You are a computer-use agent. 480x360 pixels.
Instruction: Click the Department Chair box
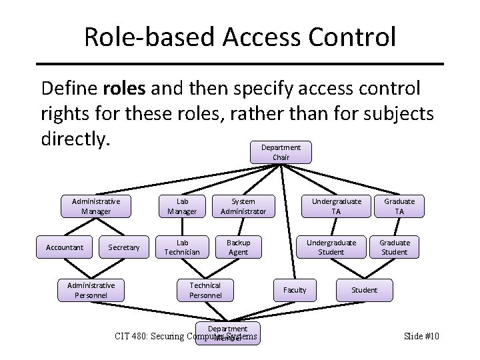280,152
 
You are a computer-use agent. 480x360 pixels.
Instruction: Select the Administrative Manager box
96,206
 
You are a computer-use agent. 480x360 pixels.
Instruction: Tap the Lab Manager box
182,206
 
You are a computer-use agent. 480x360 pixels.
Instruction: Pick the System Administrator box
243,206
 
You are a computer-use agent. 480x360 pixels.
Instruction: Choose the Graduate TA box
399,206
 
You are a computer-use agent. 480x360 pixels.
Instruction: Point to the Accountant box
65,247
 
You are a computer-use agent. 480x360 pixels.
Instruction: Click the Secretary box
124,247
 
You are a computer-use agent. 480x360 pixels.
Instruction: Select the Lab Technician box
182,247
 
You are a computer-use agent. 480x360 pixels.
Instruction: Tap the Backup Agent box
238,247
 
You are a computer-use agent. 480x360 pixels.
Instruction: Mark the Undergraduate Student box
331,247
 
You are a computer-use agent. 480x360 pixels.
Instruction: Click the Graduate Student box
395,247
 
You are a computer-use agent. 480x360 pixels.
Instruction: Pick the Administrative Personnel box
91,289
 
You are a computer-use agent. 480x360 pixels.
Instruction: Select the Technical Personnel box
205,289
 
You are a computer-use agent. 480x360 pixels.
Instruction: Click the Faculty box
295,290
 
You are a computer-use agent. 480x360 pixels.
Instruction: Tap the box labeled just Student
364,290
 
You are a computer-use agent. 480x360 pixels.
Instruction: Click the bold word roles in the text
123,88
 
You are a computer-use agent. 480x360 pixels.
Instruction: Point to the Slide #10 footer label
421,336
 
